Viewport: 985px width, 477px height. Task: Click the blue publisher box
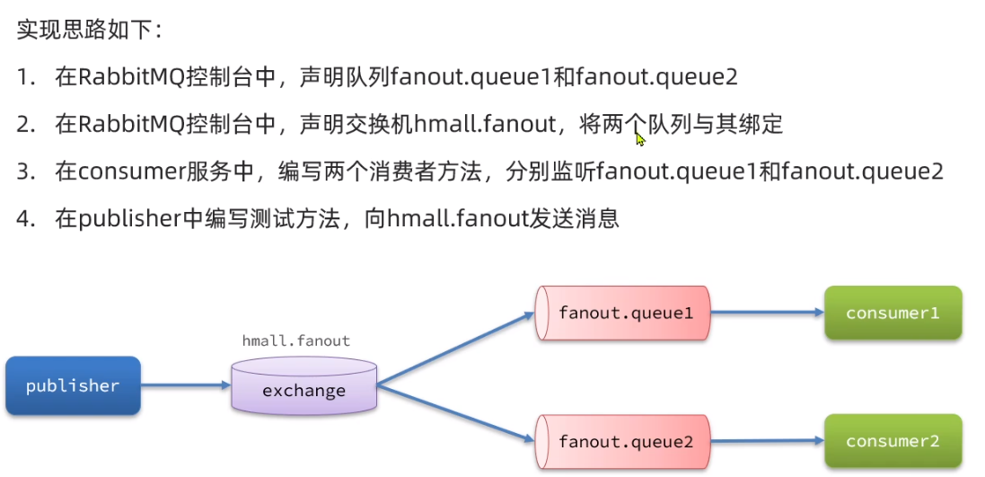72,386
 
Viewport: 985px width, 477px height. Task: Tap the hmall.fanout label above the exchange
296,341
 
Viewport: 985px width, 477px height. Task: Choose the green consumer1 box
893,314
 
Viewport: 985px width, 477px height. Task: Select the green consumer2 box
893,442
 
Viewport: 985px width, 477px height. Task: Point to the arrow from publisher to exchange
185,386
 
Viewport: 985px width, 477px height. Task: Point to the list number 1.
23,78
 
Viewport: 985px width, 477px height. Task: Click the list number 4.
23,218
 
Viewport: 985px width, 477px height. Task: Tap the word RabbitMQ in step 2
133,125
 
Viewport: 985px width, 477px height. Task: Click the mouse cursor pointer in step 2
640,138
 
